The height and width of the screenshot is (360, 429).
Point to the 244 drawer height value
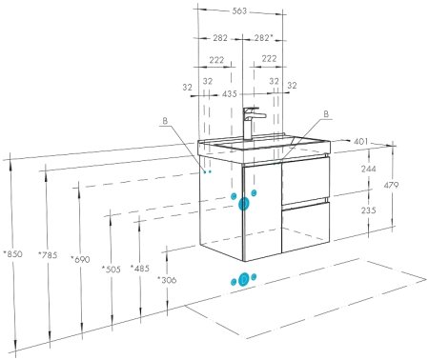pyautogui.click(x=367, y=169)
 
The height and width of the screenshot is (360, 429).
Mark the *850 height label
pyautogui.click(x=12, y=254)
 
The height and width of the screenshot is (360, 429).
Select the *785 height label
pyautogui.click(x=47, y=254)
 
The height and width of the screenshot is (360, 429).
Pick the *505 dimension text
pyautogui.click(x=112, y=270)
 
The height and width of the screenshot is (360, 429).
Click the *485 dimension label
pyautogui.click(x=139, y=270)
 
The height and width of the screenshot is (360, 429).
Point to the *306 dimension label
pyautogui.click(x=168, y=280)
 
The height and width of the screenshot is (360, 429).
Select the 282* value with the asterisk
pyautogui.click(x=265, y=38)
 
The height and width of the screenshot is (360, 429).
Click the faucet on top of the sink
pyautogui.click(x=250, y=122)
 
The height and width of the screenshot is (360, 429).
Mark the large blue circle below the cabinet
pyautogui.click(x=242, y=279)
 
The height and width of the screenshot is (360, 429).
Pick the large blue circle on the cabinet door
pyautogui.click(x=245, y=203)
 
